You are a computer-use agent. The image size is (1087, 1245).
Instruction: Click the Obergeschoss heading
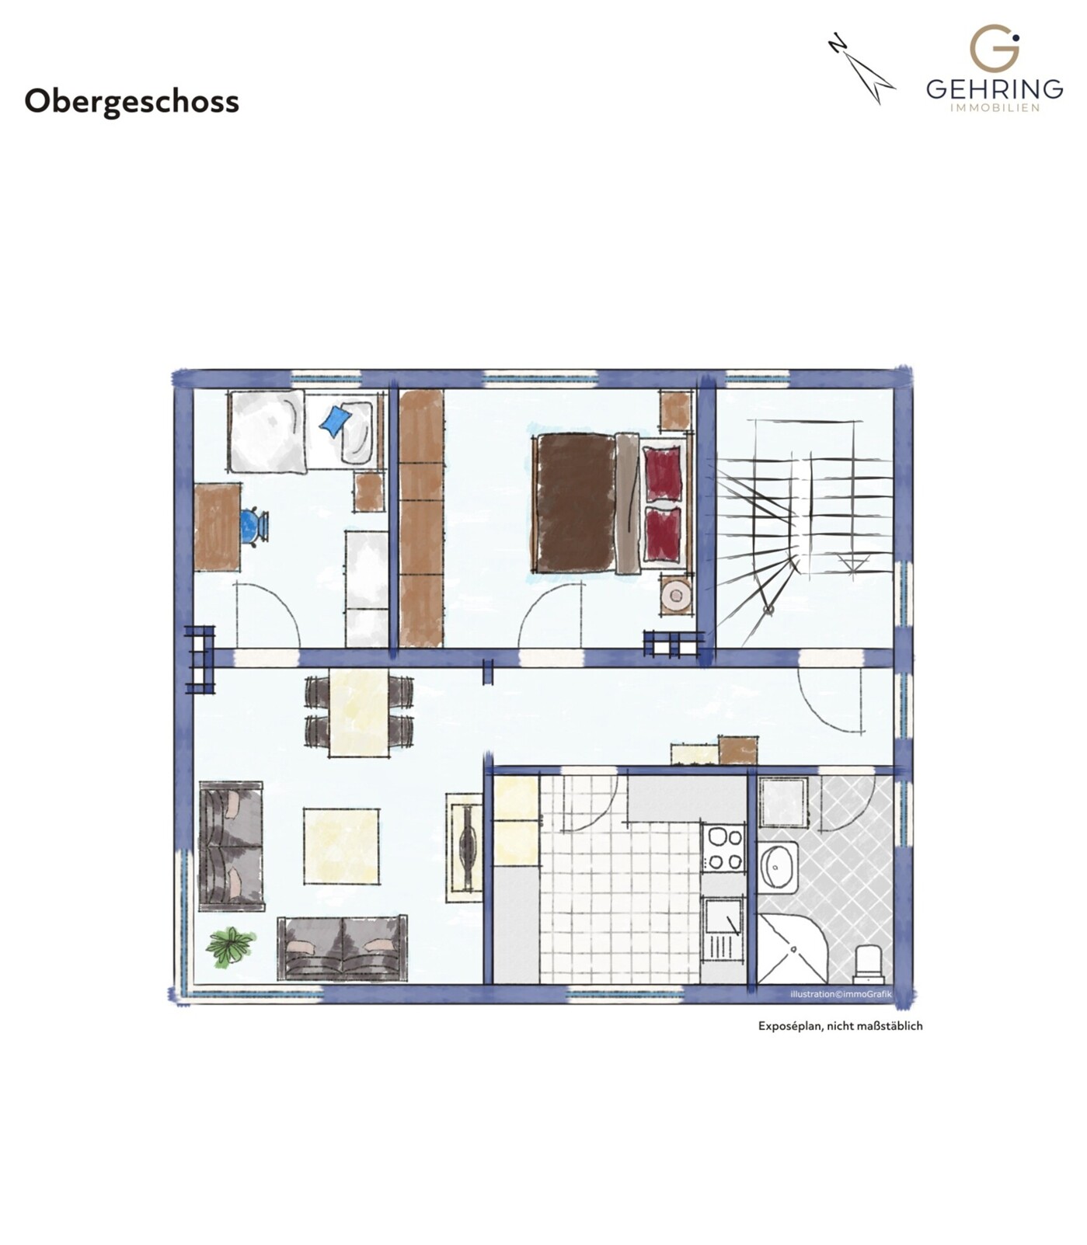coord(131,102)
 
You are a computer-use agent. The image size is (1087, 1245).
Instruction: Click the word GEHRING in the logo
coord(994,89)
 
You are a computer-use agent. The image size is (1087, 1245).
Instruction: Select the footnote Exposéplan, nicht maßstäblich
coord(840,1025)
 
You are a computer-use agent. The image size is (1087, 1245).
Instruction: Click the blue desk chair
coord(253,526)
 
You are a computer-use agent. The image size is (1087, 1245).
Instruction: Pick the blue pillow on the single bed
coord(336,421)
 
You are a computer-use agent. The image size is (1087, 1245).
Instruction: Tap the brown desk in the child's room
coord(217,527)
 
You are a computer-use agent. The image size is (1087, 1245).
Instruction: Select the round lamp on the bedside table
coord(676,596)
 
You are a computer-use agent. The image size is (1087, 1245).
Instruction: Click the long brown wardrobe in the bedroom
coord(421,518)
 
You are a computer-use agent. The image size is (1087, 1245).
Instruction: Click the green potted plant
coord(230,946)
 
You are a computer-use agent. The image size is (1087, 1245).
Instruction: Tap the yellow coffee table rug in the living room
coord(341,846)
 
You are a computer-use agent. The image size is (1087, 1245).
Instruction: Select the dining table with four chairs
coord(358,712)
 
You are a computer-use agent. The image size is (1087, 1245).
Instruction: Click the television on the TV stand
coord(469,847)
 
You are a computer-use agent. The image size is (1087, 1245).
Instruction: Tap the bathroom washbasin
coord(778,867)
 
